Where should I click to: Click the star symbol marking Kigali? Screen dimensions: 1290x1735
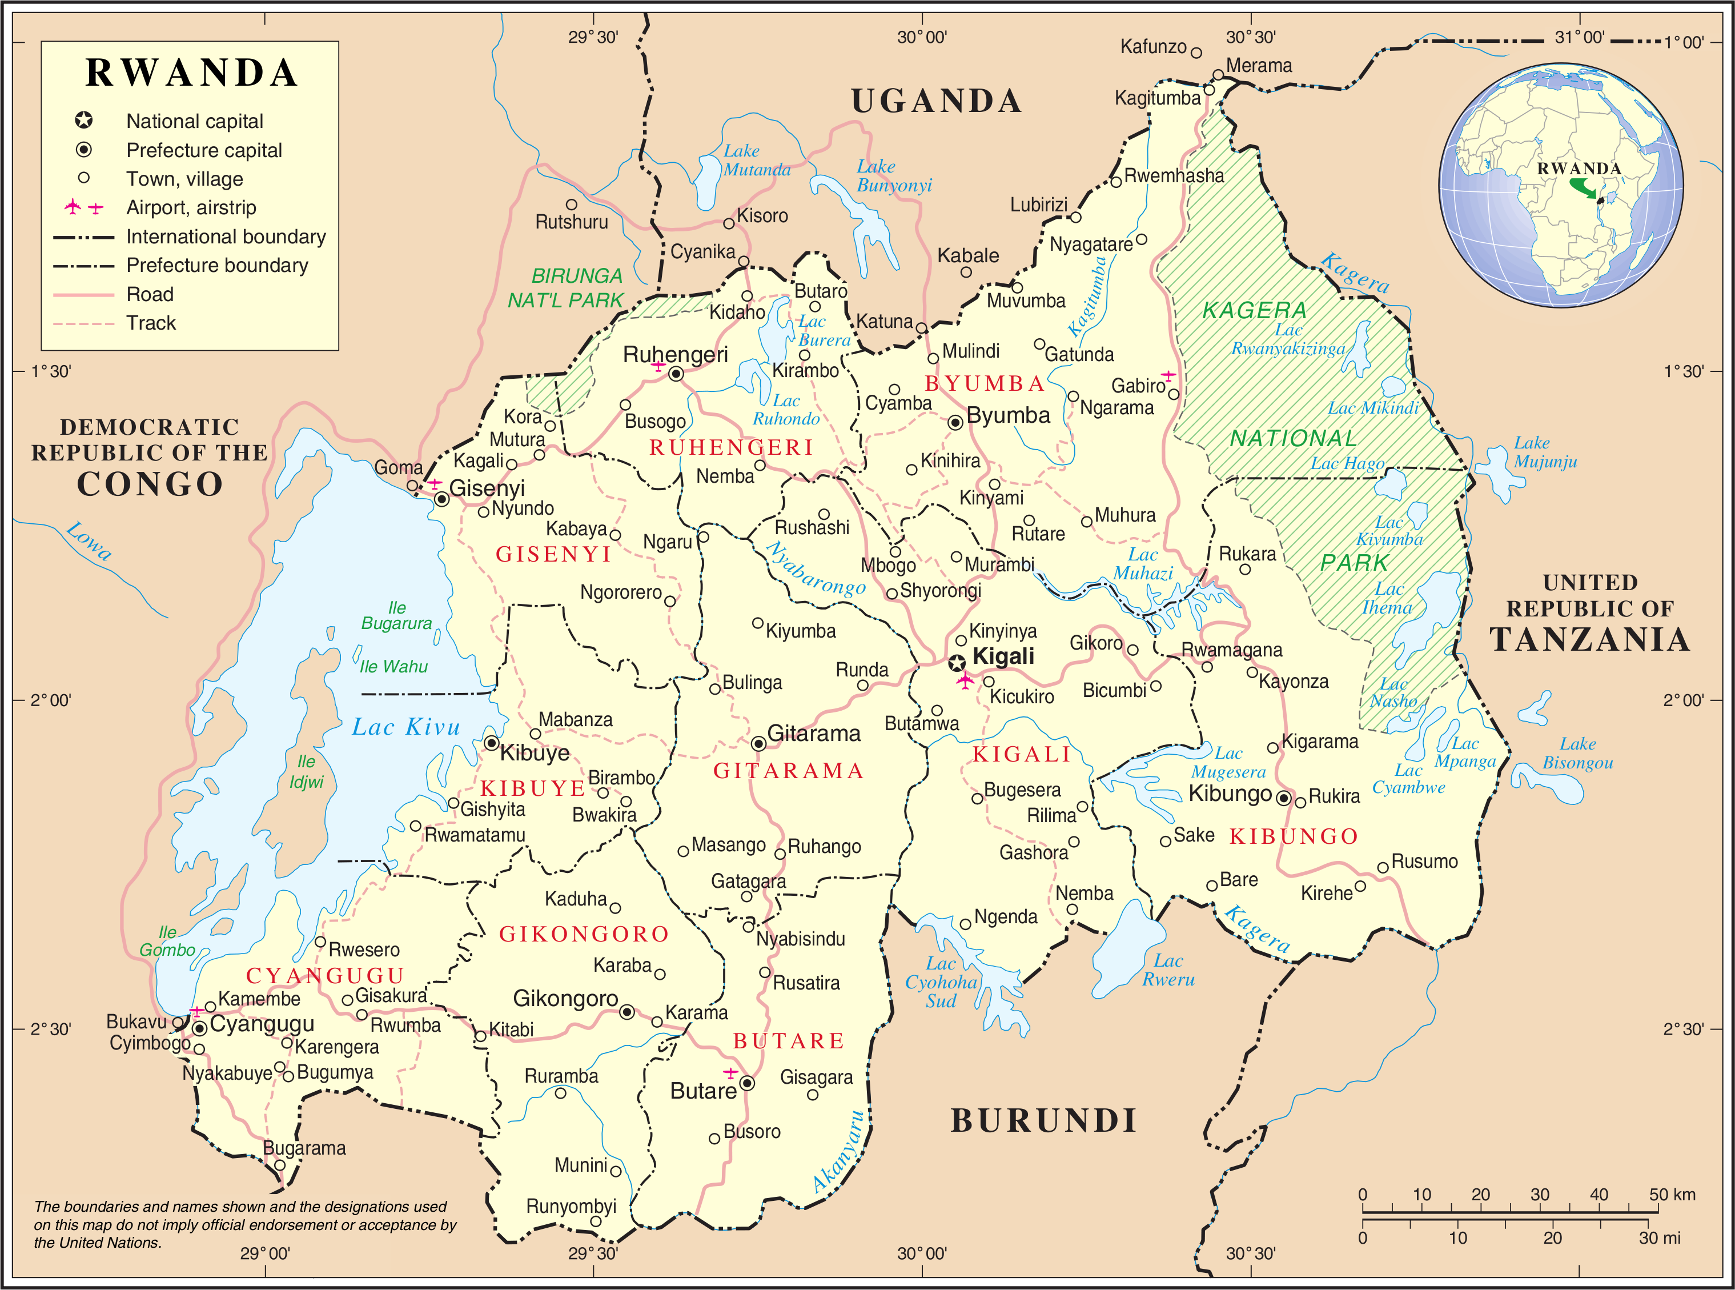(x=957, y=664)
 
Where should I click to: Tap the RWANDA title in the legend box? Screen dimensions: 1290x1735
(x=191, y=73)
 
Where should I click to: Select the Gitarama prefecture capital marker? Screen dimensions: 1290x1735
(x=758, y=743)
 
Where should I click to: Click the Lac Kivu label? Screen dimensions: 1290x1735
(x=406, y=727)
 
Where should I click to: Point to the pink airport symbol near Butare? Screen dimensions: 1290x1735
(x=730, y=1072)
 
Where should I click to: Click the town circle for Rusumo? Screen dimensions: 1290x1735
(x=1382, y=867)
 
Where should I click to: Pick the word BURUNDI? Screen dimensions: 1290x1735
(x=1043, y=1120)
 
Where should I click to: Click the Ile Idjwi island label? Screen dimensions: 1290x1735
(x=306, y=771)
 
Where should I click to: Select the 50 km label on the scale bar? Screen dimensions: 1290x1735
(x=1672, y=1194)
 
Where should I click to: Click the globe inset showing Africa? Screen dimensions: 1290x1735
(x=1561, y=186)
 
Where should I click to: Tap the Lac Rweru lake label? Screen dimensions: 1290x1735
(x=1168, y=970)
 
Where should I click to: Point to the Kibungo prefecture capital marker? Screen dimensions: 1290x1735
(x=1283, y=798)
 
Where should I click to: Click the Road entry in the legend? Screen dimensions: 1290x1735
(x=150, y=294)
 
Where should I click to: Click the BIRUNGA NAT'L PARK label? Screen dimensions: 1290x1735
(x=566, y=287)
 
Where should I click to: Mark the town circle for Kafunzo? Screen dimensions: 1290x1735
(x=1196, y=53)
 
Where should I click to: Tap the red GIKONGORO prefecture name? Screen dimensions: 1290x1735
(x=584, y=934)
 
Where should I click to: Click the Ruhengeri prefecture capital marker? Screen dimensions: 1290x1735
(x=676, y=374)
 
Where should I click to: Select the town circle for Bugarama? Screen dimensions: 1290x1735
(x=279, y=1165)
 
